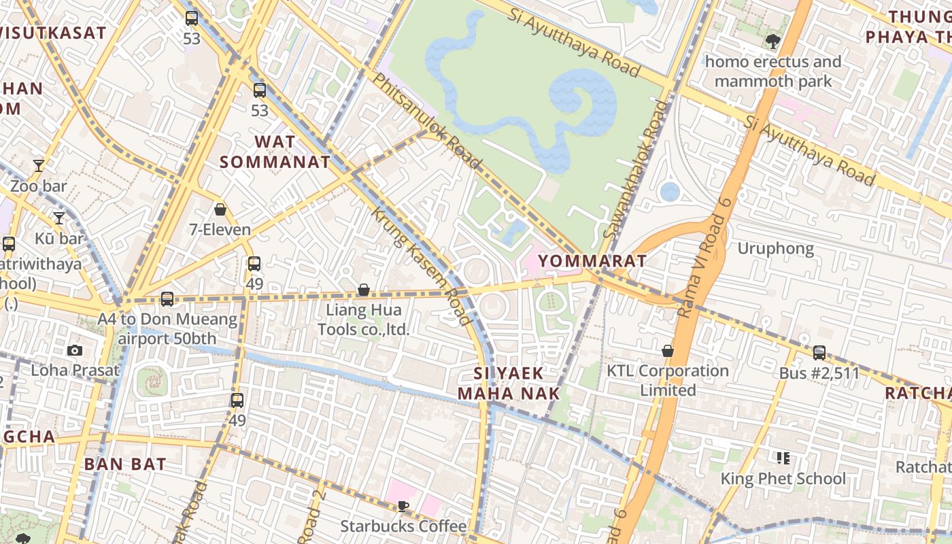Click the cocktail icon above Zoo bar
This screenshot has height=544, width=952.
point(39,166)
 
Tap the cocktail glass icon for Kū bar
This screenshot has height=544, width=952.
point(59,218)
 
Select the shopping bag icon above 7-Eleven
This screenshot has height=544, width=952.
point(220,209)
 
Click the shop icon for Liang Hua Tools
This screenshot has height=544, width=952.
point(364,290)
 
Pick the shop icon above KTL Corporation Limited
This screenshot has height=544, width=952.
point(668,351)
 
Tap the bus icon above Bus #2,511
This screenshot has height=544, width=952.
point(819,352)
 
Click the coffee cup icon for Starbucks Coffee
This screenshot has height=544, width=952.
point(403,506)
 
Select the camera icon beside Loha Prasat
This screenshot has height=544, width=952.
point(75,351)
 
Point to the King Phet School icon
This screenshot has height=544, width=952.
point(783,458)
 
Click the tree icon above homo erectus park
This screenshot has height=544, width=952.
point(772,41)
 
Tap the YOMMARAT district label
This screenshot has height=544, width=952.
point(592,261)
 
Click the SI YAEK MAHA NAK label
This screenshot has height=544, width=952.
point(509,383)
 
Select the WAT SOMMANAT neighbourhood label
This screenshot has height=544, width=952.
point(275,152)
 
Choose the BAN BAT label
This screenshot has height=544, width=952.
point(125,464)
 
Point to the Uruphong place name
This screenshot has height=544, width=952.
point(775,249)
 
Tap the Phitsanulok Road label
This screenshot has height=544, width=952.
point(426,120)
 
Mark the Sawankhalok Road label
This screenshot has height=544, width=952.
point(636,170)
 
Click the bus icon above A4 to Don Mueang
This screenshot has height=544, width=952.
point(167,299)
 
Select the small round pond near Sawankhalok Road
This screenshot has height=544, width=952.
point(670,192)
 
